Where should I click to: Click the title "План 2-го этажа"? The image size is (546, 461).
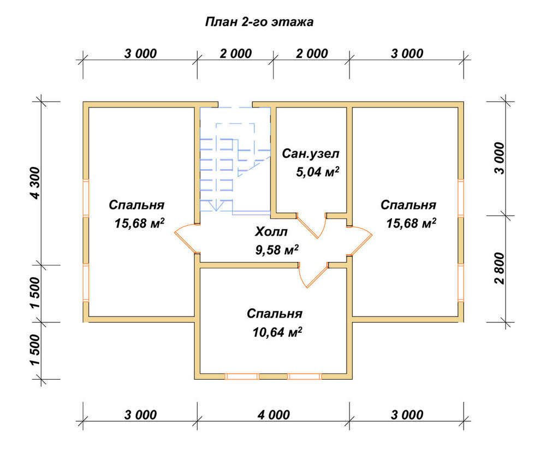[259, 22]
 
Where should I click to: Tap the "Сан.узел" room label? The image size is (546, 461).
[310, 153]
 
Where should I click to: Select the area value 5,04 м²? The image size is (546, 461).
[318, 172]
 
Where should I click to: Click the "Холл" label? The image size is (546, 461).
[271, 231]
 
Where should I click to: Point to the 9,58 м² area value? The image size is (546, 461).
[277, 250]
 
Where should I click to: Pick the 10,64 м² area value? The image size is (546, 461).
[277, 332]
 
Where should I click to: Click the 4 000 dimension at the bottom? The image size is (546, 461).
[274, 415]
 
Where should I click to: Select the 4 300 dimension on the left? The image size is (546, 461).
[35, 183]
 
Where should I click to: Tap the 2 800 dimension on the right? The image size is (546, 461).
[499, 268]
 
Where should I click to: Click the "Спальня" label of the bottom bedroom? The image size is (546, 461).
[275, 314]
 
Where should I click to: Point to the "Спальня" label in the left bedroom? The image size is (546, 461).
[136, 205]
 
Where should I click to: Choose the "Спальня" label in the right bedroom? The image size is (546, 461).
[408, 205]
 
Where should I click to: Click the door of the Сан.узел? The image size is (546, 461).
[312, 226]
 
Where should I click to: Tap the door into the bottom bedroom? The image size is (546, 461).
[313, 276]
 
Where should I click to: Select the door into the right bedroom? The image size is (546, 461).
[360, 241]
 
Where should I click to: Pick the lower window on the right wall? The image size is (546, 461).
[461, 282]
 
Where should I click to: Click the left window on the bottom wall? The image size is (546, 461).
[242, 376]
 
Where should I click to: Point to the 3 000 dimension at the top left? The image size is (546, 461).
[140, 53]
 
